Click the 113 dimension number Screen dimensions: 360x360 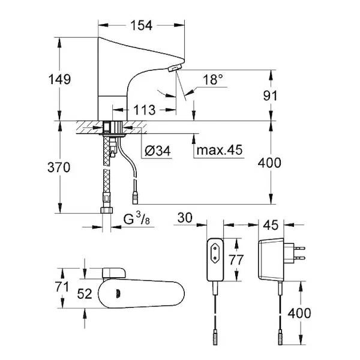point(144,110)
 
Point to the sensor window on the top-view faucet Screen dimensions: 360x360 point(120,294)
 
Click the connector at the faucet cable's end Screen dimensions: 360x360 point(134,196)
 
